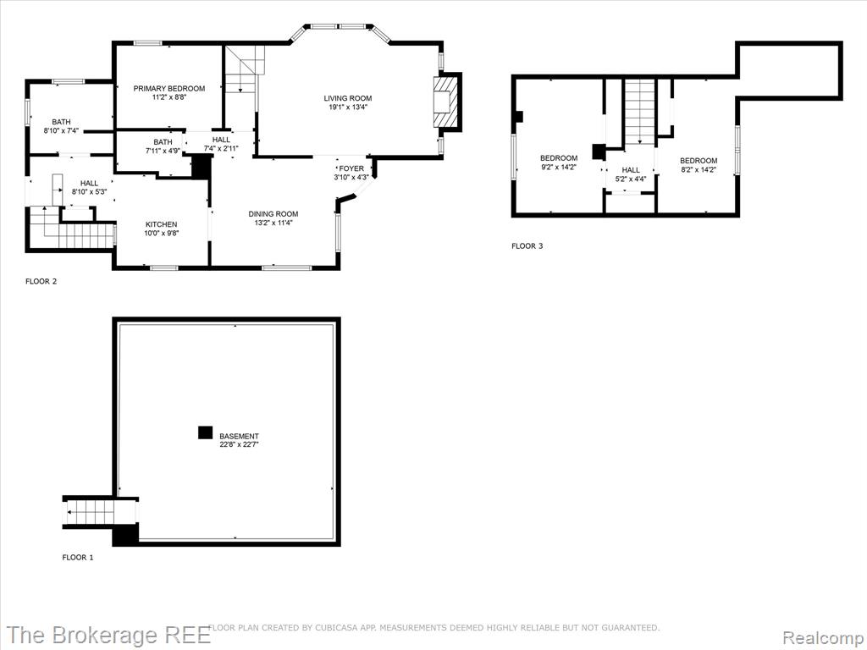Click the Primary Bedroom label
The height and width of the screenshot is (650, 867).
point(169,88)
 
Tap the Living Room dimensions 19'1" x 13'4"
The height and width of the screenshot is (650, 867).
point(348,107)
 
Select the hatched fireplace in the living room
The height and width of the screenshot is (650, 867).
point(445,102)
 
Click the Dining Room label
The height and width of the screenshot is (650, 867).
point(273,214)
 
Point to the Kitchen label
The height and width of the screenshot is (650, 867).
point(162,224)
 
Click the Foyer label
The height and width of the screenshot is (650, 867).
point(351,168)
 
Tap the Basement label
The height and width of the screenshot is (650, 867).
point(239,436)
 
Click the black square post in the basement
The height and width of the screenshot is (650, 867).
point(205,432)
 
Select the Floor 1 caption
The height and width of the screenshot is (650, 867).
point(78,557)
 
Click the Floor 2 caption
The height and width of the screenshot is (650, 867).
point(41,281)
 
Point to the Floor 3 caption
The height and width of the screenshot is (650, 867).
point(527,246)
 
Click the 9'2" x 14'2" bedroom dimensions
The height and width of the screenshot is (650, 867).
point(559,167)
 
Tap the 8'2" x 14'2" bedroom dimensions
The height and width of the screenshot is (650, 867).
point(699,169)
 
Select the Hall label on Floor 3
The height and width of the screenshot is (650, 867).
point(631,170)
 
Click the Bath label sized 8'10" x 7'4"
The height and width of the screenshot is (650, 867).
point(61,122)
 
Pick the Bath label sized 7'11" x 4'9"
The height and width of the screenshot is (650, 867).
point(163,142)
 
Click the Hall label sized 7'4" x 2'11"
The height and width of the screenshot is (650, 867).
point(221,140)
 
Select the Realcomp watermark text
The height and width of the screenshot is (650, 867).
point(824,637)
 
